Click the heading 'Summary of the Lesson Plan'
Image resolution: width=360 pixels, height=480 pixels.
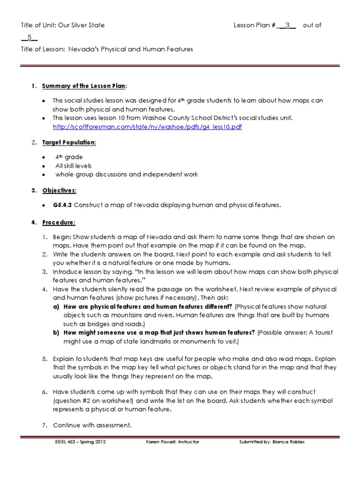[x=84, y=86]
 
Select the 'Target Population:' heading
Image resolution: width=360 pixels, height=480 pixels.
[x=69, y=142]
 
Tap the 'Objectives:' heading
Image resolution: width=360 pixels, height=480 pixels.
[x=60, y=191]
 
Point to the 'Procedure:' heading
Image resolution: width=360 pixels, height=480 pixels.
[x=59, y=222]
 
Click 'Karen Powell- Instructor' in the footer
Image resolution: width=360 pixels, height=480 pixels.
[x=173, y=442]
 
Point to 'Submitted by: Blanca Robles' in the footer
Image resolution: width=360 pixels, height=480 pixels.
[x=271, y=442]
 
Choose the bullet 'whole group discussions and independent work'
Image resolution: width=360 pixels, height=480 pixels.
[x=126, y=174]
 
